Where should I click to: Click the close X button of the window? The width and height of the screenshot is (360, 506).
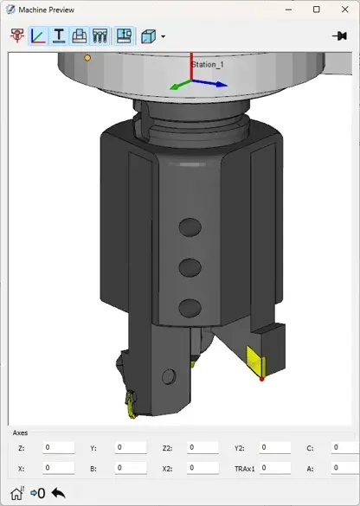click(344, 10)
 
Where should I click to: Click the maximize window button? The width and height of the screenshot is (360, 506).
click(317, 10)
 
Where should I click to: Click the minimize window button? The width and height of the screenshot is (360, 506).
click(289, 10)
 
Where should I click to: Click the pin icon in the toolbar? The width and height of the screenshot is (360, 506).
click(339, 35)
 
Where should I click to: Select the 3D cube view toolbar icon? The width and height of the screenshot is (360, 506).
click(148, 36)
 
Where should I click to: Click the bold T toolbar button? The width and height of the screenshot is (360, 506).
click(59, 35)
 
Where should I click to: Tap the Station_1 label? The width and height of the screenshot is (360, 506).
click(208, 65)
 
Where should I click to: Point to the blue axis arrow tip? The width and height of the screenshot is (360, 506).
click(227, 86)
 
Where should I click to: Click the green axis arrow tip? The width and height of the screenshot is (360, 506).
click(170, 87)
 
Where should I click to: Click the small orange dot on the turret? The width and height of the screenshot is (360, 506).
click(87, 58)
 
